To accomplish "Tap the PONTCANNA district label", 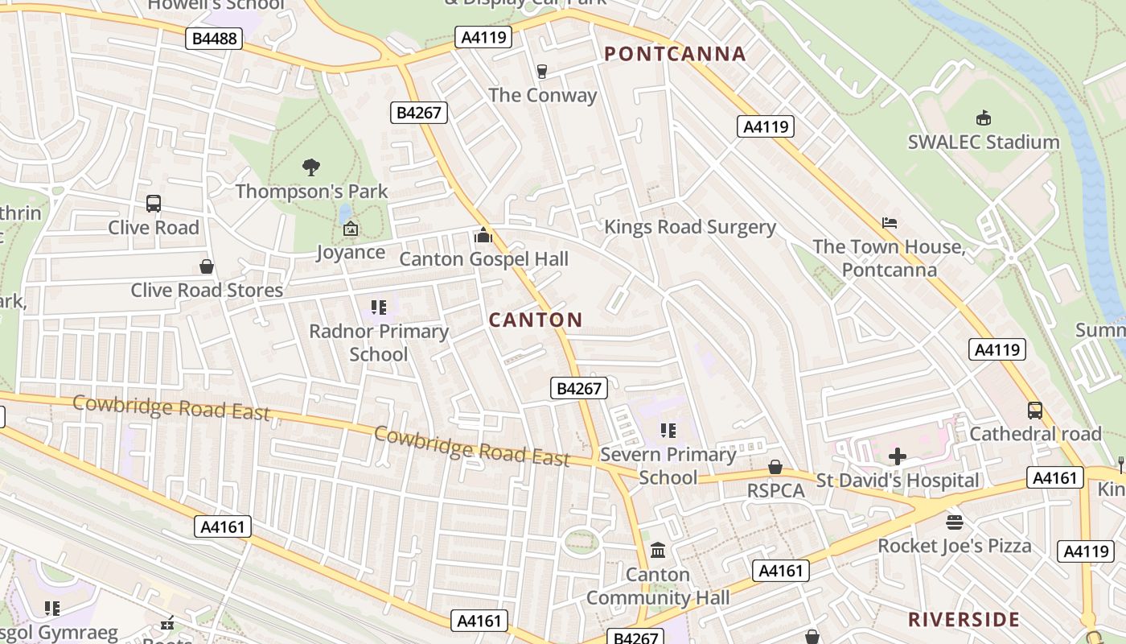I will click(675, 54).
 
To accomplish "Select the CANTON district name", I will click(536, 320).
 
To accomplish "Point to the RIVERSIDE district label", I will click(964, 619).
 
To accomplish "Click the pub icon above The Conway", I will click(542, 72).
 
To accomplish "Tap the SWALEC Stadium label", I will click(983, 142).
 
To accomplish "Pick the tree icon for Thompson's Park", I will click(311, 167).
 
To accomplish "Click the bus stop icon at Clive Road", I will click(153, 204).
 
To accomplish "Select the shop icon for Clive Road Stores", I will click(207, 266).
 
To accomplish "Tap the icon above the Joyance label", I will click(351, 229).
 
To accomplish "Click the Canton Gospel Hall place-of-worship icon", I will click(483, 235).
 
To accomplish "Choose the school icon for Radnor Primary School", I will click(379, 307).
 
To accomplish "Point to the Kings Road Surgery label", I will click(689, 227).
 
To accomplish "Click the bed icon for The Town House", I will click(889, 223).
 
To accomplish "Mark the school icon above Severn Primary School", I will click(668, 431).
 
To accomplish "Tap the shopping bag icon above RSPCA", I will click(775, 467).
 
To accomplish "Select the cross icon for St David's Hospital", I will click(897, 456).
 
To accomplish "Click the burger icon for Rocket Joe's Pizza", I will click(954, 522).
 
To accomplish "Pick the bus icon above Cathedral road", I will click(1034, 410).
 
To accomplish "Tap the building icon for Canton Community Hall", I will click(658, 551).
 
